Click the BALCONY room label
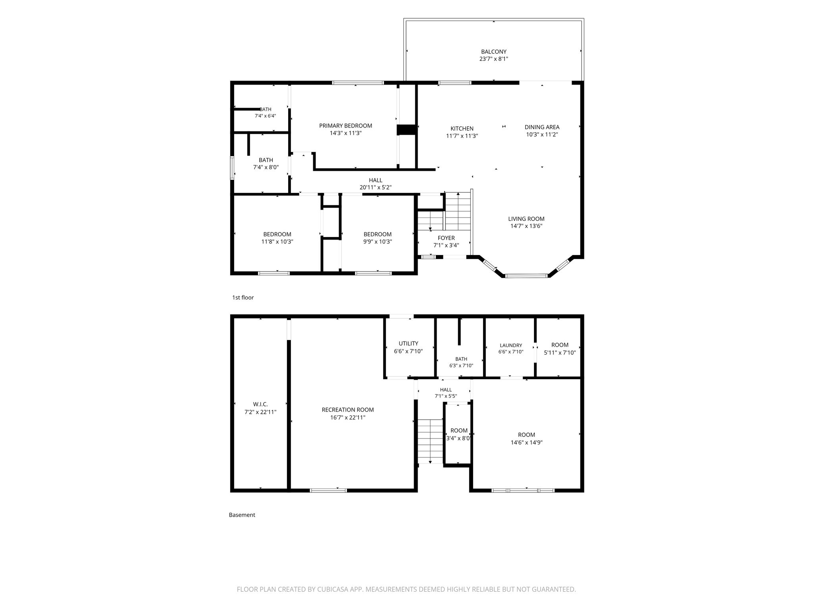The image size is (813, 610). click(493, 52)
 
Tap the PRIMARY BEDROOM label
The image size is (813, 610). click(345, 126)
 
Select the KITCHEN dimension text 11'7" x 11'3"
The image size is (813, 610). click(462, 136)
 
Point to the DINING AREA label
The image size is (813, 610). click(542, 127)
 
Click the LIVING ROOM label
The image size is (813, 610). click(526, 219)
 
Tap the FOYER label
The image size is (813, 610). click(446, 238)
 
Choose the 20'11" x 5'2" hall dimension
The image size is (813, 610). click(376, 187)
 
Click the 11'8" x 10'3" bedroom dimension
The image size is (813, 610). click(277, 241)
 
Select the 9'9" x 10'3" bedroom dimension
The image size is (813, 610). click(378, 241)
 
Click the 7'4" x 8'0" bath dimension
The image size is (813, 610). click(266, 167)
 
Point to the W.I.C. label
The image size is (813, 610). click(260, 404)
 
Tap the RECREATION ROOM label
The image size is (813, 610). click(348, 410)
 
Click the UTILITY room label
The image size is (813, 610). click(408, 344)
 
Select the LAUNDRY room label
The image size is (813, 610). click(511, 346)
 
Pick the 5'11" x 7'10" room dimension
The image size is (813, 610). click(560, 352)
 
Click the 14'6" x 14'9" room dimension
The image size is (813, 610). click(526, 442)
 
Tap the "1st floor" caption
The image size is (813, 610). click(243, 297)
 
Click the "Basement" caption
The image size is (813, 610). click(242, 515)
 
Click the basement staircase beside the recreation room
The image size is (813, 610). click(430, 441)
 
